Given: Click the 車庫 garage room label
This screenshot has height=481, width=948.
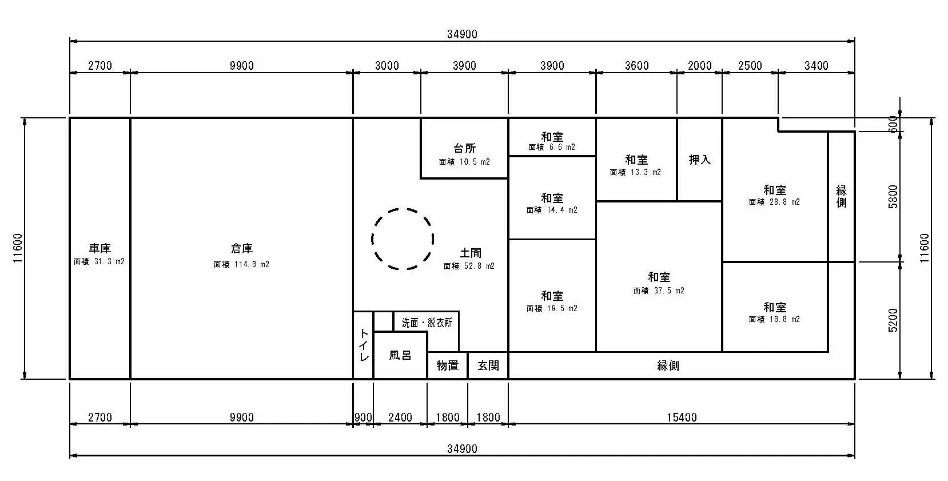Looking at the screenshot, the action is pos(100,248).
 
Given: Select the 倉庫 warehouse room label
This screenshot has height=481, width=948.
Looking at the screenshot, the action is pos(242,248).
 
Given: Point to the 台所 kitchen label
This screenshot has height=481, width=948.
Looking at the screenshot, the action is pos(465,148).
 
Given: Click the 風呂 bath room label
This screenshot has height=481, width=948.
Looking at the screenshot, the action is pos(400,355).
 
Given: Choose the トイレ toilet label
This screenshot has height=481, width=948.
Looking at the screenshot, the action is pos(364,345).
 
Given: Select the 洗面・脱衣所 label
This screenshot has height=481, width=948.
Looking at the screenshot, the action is pos(427,323).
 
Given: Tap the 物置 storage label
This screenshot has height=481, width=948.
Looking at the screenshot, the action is pos(447,365).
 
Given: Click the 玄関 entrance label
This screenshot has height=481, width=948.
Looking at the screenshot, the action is pos(488,365).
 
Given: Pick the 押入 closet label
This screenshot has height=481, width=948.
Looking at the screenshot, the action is pos(699,160).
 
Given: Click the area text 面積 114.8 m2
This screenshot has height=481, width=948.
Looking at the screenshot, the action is pos(241,264).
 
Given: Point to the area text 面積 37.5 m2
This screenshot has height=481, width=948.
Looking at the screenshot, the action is pos(659,291).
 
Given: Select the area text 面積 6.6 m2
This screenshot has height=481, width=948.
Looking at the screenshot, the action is pos(552,148).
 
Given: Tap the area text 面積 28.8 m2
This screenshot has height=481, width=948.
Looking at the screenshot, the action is pos(774,202).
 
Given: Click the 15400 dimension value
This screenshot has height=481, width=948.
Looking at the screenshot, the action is pos(682,418).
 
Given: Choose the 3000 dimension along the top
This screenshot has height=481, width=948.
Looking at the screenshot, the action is pos(387,66).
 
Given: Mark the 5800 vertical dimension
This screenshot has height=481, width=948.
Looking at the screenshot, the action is pos(893,197).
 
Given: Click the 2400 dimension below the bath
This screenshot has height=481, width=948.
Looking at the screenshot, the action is pos(400,418).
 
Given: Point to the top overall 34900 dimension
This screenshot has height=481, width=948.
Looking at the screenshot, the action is pos(462,34).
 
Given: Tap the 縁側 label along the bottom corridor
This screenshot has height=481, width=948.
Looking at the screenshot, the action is pos(668,365).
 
